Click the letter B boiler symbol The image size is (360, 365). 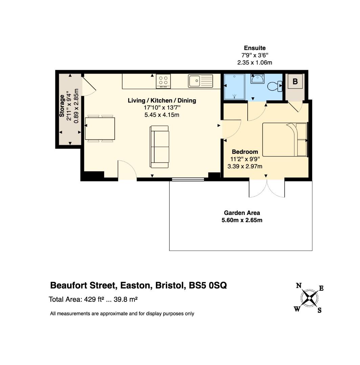point(295,81)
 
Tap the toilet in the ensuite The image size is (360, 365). point(275,86)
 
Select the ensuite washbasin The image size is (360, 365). point(257,79)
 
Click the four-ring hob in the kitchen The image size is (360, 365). point(163,81)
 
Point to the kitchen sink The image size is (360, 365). point(200,81)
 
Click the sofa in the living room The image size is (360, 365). point(159,147)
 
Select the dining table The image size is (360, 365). point(100,128)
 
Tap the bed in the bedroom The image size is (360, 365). point(285,140)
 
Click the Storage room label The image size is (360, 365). point(62,106)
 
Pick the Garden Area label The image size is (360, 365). point(242,213)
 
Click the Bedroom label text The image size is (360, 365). point(245,152)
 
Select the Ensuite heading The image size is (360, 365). point(255,48)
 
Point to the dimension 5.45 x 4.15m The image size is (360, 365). point(162,115)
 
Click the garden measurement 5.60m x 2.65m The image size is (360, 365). point(242,220)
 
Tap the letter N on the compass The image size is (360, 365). point(299,286)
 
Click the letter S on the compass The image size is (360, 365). point(319,310)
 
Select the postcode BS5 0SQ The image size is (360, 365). point(208,285)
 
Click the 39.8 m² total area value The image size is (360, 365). point(126,299)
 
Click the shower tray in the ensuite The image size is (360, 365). point(234,87)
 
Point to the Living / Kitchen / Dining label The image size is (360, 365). point(162,101)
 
